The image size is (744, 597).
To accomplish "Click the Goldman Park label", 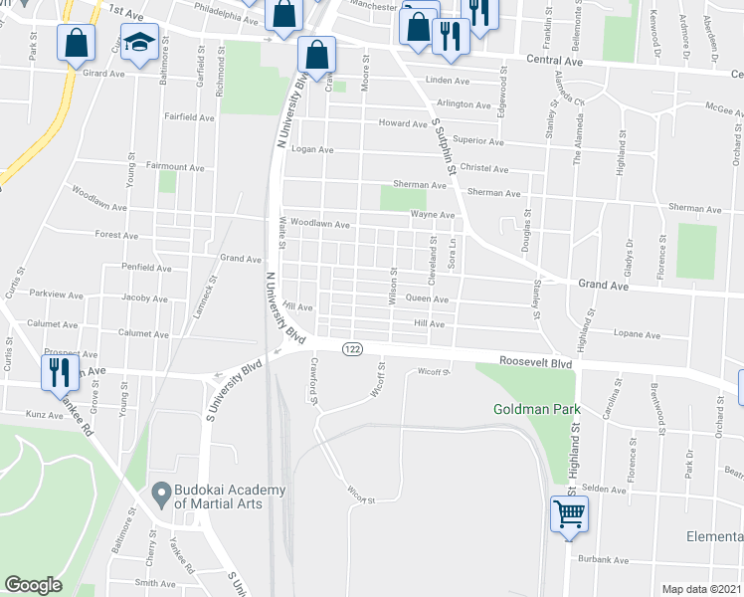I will pyautogui.click(x=537, y=409).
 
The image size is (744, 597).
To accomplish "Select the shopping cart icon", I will pyautogui.click(x=569, y=514).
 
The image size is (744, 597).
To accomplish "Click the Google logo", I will pyautogui.click(x=34, y=585).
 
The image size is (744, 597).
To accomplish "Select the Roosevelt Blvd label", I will pyautogui.click(x=536, y=364).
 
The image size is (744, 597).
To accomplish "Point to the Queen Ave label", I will pyautogui.click(x=427, y=298).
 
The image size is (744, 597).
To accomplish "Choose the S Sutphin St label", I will pyautogui.click(x=443, y=148).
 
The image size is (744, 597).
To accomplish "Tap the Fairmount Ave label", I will pyautogui.click(x=174, y=166).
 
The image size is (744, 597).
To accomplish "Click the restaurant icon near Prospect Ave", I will pyautogui.click(x=58, y=372).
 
